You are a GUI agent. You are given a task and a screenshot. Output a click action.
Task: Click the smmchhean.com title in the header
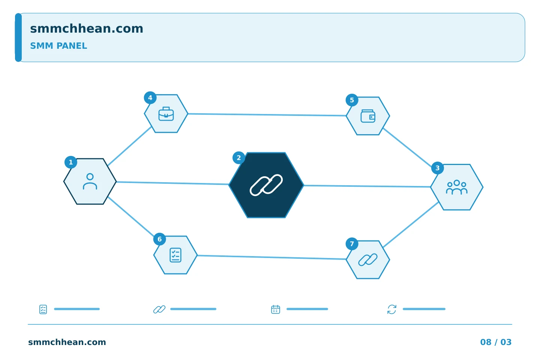pyautogui.click(x=87, y=29)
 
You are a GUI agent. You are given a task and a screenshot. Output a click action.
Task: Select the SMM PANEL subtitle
pyautogui.click(x=58, y=46)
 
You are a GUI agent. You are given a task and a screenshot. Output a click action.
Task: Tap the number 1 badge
pyautogui.click(x=71, y=162)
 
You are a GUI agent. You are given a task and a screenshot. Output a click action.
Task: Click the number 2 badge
pyautogui.click(x=238, y=158)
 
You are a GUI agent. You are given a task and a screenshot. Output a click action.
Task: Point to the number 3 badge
pyautogui.click(x=438, y=168)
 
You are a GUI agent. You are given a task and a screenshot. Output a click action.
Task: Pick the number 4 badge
pyautogui.click(x=150, y=98)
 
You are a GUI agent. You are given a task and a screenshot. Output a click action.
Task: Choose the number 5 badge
pyautogui.click(x=352, y=100)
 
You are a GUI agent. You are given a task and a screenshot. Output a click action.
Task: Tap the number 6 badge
pyautogui.click(x=160, y=239)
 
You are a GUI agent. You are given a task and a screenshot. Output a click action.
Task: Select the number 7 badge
pyautogui.click(x=352, y=244)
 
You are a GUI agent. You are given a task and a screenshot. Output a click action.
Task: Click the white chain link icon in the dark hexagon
pyautogui.click(x=266, y=185)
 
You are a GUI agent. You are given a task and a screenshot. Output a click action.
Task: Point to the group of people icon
pyautogui.click(x=457, y=187)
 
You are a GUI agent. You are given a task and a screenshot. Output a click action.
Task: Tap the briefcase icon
pyautogui.click(x=166, y=114)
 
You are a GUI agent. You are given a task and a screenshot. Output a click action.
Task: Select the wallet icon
pyautogui.click(x=368, y=116)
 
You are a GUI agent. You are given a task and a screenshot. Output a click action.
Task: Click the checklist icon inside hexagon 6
pyautogui.click(x=175, y=255)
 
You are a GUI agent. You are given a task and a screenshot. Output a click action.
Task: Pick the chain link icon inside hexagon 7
pyautogui.click(x=368, y=260)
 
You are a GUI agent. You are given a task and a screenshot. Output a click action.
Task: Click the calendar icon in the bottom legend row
pyautogui.click(x=276, y=309)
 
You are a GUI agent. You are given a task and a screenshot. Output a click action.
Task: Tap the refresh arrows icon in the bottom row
pyautogui.click(x=392, y=309)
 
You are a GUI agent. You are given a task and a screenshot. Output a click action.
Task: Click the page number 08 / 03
pyautogui.click(x=496, y=342)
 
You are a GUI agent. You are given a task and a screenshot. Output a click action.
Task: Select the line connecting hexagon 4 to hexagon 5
pyautogui.click(x=267, y=115)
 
